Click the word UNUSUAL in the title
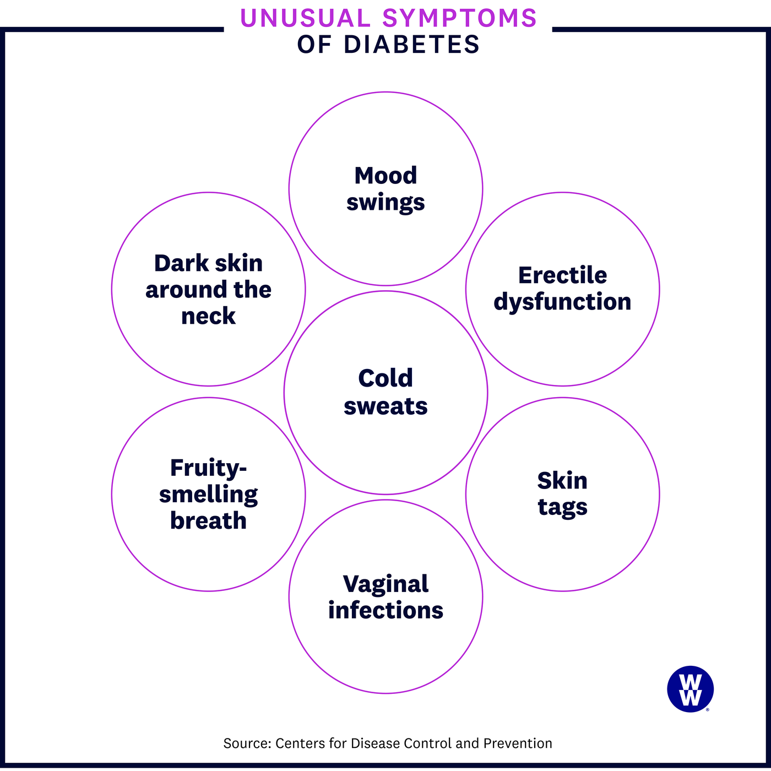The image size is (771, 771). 305,18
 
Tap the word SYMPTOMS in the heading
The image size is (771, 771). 459,18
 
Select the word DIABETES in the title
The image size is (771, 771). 411,45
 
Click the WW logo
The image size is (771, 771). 690,689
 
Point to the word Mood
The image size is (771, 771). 385,176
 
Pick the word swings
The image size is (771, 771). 385,203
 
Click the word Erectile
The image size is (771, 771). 562,275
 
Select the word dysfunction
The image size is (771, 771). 562,302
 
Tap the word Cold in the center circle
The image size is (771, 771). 385,378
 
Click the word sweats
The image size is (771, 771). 385,406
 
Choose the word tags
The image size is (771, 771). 562,507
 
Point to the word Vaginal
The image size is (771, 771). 385,584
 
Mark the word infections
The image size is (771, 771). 385,611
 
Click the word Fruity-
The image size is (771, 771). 208,468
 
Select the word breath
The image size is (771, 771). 208,521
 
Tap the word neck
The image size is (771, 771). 208,316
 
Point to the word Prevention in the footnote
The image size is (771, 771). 517,743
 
